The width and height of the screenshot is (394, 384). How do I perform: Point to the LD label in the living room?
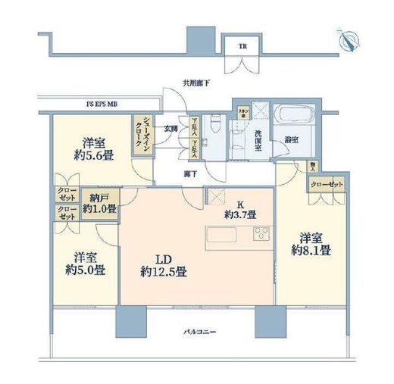[157, 256]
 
